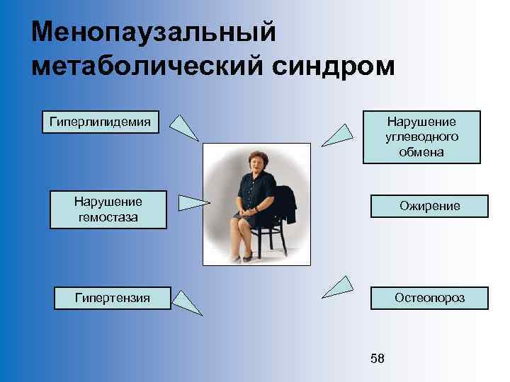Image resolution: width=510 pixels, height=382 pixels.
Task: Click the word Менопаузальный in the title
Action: [x=153, y=32]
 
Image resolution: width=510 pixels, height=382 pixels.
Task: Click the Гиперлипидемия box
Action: [x=100, y=122]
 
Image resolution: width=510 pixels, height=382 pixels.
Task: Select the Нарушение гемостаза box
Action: [x=108, y=209]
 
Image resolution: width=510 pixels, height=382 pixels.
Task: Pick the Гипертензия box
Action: [x=113, y=298]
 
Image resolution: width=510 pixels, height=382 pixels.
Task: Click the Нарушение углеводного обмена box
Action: [x=421, y=137]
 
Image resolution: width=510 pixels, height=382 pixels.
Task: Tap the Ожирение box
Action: [x=429, y=206]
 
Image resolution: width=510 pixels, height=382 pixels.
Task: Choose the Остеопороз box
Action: [x=429, y=298]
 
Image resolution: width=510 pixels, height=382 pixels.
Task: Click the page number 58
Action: [x=378, y=359]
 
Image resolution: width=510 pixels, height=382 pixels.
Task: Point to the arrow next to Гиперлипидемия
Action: [x=185, y=127]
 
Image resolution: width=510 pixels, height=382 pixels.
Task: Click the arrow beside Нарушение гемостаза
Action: [x=193, y=203]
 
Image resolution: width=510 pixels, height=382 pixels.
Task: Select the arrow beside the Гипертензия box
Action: [x=188, y=302]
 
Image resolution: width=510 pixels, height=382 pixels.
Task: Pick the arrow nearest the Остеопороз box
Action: [x=339, y=286]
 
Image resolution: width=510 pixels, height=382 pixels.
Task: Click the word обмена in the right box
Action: [x=421, y=152]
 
